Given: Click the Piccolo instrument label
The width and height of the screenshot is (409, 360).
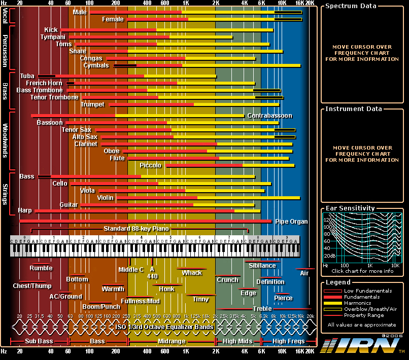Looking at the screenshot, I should (x=150, y=165).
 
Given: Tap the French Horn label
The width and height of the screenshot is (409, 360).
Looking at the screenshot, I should (x=44, y=83).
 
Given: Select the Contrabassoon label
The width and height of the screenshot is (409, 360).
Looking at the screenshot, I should (x=269, y=116).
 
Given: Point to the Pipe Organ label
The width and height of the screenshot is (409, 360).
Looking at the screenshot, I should (x=291, y=222).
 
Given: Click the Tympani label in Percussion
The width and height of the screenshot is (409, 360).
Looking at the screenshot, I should (x=53, y=37).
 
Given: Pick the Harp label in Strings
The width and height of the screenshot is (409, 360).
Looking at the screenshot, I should (x=24, y=210).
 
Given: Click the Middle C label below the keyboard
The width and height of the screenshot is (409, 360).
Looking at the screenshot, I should (x=131, y=270).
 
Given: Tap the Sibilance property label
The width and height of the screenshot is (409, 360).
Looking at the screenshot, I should (x=262, y=265).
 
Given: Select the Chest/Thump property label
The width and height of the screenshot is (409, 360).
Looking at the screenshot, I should (x=32, y=286).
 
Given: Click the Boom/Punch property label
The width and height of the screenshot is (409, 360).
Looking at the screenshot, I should (x=101, y=307).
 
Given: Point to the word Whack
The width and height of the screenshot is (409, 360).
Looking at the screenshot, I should (x=192, y=273).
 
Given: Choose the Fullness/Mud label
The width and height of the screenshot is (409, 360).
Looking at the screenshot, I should (x=144, y=301).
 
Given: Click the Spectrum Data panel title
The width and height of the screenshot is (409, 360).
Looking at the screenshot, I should (x=351, y=6).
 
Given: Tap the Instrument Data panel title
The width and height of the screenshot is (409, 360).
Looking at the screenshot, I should (x=354, y=109).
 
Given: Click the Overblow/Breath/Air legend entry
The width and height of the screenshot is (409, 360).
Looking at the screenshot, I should (x=370, y=309).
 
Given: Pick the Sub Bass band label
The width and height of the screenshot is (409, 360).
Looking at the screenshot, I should (x=40, y=341).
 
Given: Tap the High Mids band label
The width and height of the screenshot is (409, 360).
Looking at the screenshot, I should (x=238, y=341).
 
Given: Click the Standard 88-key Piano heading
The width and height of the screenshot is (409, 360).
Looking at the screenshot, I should (x=136, y=229).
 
